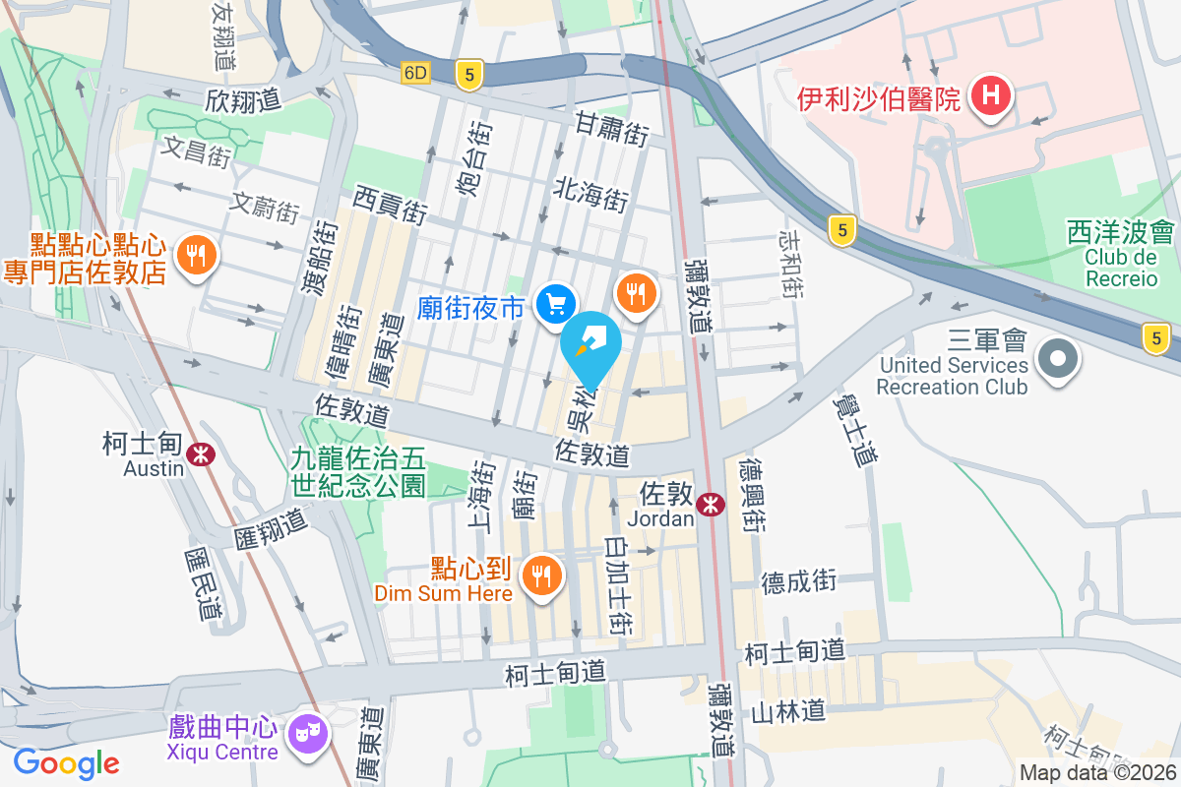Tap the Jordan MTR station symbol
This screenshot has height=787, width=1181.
coord(710,505)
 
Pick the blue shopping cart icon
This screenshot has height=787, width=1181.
coord(555,304)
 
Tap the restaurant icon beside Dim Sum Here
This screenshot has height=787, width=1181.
coord(541,575)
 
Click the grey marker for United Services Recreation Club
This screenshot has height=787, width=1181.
coord(1058,357)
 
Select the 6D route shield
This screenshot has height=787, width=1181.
coord(416,73)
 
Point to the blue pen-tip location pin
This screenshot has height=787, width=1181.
coord(591,344)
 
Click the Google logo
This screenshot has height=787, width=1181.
coord(66,762)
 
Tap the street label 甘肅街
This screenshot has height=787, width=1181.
coord(612,129)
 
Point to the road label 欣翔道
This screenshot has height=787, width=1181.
coord(243,99)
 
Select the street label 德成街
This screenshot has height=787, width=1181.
coord(798,580)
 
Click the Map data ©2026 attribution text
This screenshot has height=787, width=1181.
coord(1098,773)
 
